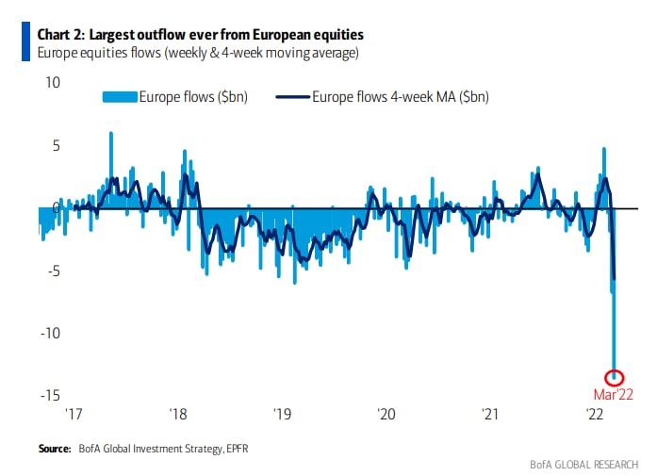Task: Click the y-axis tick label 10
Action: coord(52,83)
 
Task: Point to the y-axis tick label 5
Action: coord(55,145)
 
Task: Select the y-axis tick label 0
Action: coord(56,207)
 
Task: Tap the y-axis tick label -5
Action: coord(53,271)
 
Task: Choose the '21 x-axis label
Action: coord(490,414)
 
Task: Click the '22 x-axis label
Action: coord(595,414)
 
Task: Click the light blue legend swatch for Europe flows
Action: coord(120,96)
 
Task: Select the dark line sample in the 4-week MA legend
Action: coord(292,96)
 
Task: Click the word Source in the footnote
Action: coord(55,448)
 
